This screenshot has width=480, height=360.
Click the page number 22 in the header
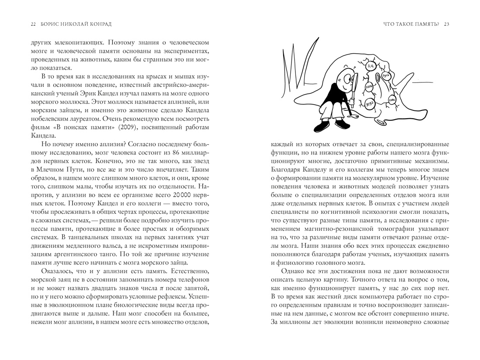coord(33,24)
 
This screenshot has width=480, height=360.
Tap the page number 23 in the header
coord(446,24)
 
